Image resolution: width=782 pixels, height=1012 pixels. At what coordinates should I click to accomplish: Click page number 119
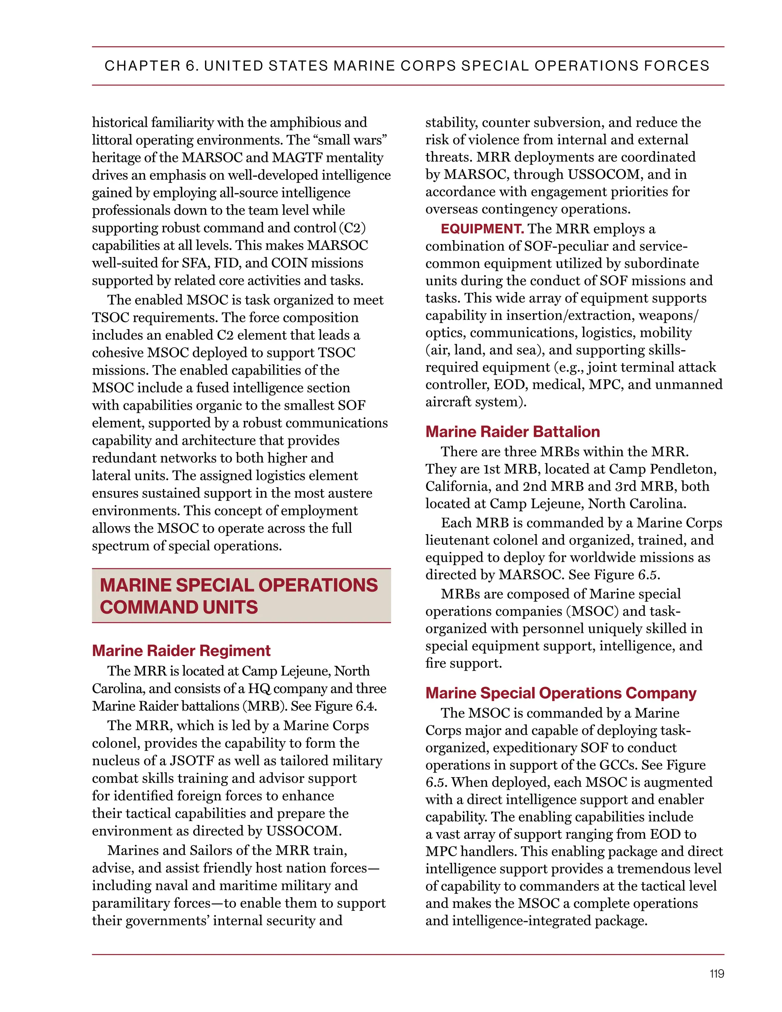716,973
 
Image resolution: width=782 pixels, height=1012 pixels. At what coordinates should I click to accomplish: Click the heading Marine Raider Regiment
181,651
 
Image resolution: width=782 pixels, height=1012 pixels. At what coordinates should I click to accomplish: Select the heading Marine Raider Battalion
512,432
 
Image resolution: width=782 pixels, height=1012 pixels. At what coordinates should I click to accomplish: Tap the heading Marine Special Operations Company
561,693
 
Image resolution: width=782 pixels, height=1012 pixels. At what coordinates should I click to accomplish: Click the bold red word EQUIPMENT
482,229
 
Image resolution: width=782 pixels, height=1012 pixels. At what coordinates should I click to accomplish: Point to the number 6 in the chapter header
190,66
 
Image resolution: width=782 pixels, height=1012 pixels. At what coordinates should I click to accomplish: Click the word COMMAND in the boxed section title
139,607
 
